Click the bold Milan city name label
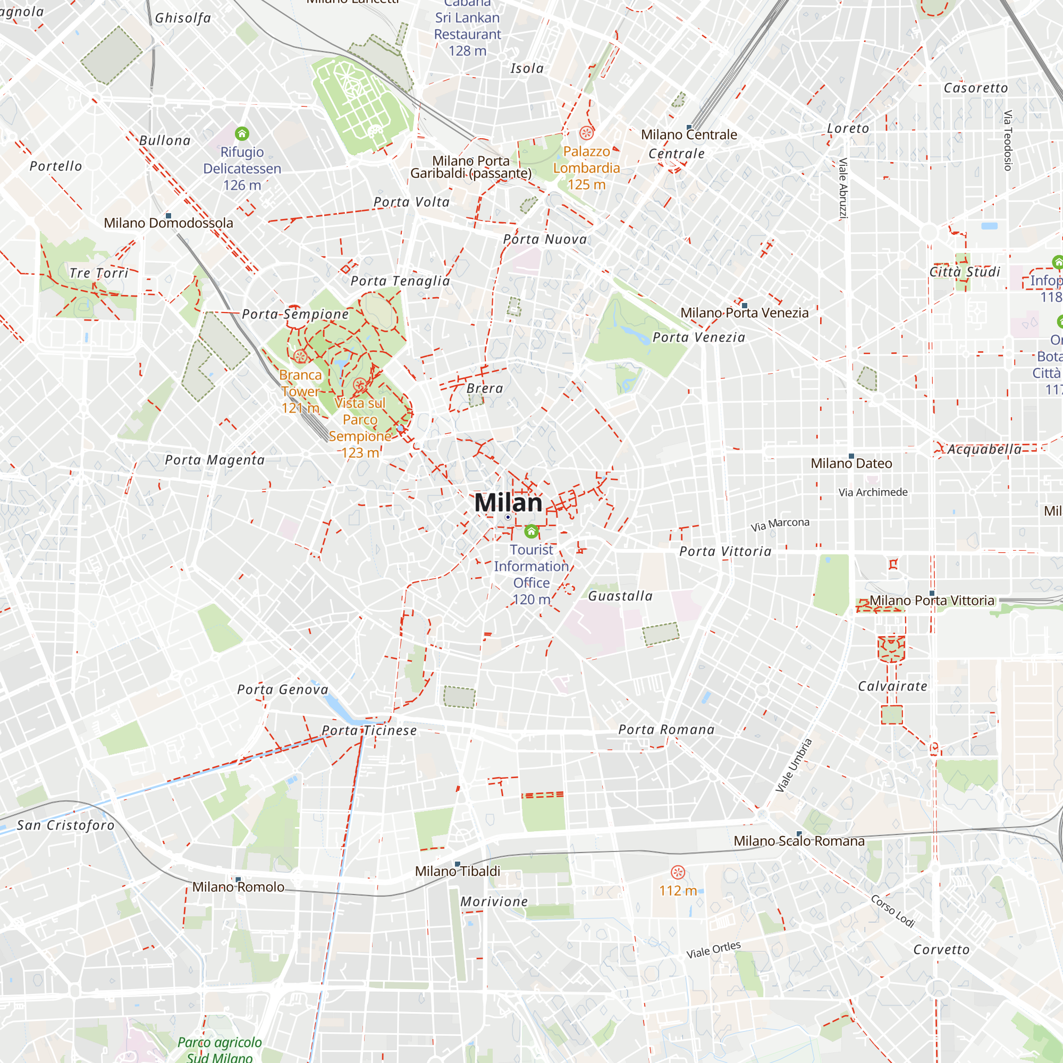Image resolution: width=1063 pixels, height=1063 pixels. click(x=508, y=503)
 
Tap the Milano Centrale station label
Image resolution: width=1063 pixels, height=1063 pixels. click(x=689, y=135)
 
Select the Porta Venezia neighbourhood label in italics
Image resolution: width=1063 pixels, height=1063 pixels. click(x=699, y=338)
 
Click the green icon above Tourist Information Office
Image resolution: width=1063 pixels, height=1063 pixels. click(x=531, y=531)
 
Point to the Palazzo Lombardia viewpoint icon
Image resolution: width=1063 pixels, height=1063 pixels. click(x=587, y=133)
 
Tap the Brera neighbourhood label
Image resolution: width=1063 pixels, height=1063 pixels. click(x=485, y=389)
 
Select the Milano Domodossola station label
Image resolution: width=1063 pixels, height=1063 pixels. click(x=168, y=223)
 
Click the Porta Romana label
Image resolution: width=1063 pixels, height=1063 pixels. click(x=667, y=730)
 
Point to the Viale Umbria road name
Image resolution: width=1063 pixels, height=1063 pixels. click(x=794, y=765)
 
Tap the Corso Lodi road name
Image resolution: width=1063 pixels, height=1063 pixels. click(x=892, y=911)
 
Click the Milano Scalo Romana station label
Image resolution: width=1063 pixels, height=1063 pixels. click(x=799, y=841)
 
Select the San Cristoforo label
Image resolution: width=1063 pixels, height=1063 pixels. click(x=65, y=825)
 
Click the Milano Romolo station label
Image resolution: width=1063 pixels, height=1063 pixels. click(x=238, y=887)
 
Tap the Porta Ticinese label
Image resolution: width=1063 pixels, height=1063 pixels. click(x=369, y=731)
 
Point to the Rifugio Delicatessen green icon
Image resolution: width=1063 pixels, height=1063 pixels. click(x=242, y=134)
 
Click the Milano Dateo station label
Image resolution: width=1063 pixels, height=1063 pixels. click(x=851, y=463)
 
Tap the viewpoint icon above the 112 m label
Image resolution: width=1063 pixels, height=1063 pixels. click(x=678, y=872)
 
